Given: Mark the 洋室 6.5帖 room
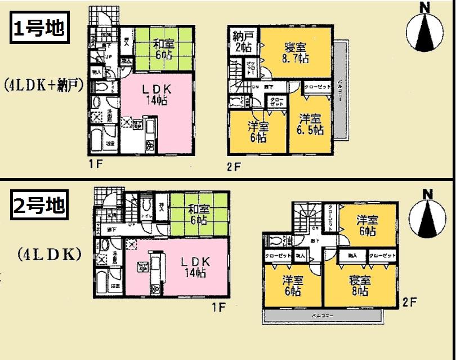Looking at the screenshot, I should pyautogui.click(x=311, y=124).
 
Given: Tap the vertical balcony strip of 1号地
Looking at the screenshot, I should pyautogui.click(x=341, y=90).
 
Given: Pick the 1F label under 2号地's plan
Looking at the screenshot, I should pyautogui.click(x=218, y=307).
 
